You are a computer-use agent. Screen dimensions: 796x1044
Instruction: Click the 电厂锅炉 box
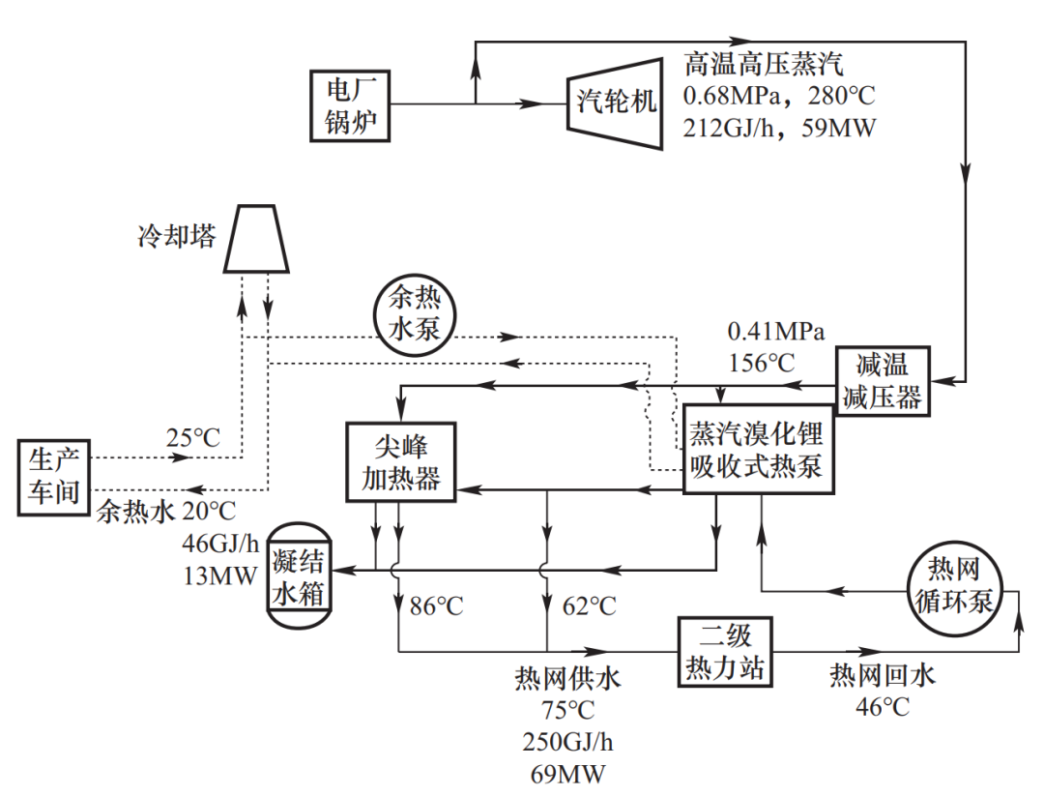351,105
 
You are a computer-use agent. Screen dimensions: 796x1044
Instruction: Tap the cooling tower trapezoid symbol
256,238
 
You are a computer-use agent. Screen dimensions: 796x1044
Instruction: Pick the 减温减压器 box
883,381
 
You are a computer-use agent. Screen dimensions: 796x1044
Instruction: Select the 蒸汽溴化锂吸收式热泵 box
757,450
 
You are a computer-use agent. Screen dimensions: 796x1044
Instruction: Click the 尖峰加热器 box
399,461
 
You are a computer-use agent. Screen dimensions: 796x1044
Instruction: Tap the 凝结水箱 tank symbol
297,577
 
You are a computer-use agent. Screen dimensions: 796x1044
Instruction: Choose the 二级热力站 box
725,652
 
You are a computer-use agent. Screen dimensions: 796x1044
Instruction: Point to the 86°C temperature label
437,606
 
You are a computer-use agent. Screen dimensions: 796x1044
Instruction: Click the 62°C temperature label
589,606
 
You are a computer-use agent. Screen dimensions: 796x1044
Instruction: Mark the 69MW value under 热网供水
567,775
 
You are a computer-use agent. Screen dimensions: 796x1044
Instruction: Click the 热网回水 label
883,676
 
